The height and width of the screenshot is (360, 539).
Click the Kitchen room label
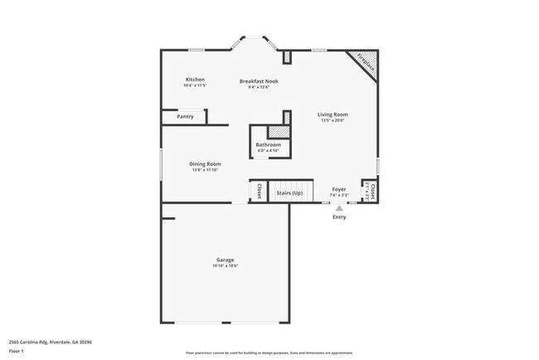195,80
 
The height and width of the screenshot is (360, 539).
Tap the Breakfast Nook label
259,81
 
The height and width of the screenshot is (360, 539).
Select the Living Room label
333,114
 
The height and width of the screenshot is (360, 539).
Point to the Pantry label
185,117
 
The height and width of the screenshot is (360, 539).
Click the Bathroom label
268,145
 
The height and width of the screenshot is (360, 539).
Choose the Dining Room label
205,164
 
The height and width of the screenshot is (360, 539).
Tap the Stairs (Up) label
289,192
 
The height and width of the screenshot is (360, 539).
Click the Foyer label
339,190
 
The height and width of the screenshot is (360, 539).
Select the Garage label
225,260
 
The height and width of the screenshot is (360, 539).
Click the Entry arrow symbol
339,207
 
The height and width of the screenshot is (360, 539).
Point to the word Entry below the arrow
339,217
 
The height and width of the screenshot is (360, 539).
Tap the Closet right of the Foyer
371,192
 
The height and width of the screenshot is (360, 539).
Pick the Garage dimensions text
225,266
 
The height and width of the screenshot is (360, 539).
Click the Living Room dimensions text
333,121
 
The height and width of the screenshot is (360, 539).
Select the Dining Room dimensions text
205,171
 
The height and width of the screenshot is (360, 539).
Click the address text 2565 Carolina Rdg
50,341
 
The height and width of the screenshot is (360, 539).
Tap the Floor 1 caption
17,350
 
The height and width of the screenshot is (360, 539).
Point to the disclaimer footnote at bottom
269,353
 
